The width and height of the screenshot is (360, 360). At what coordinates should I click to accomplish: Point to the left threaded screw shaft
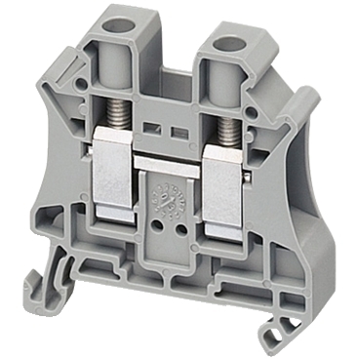pyautogui.click(x=127, y=123)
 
